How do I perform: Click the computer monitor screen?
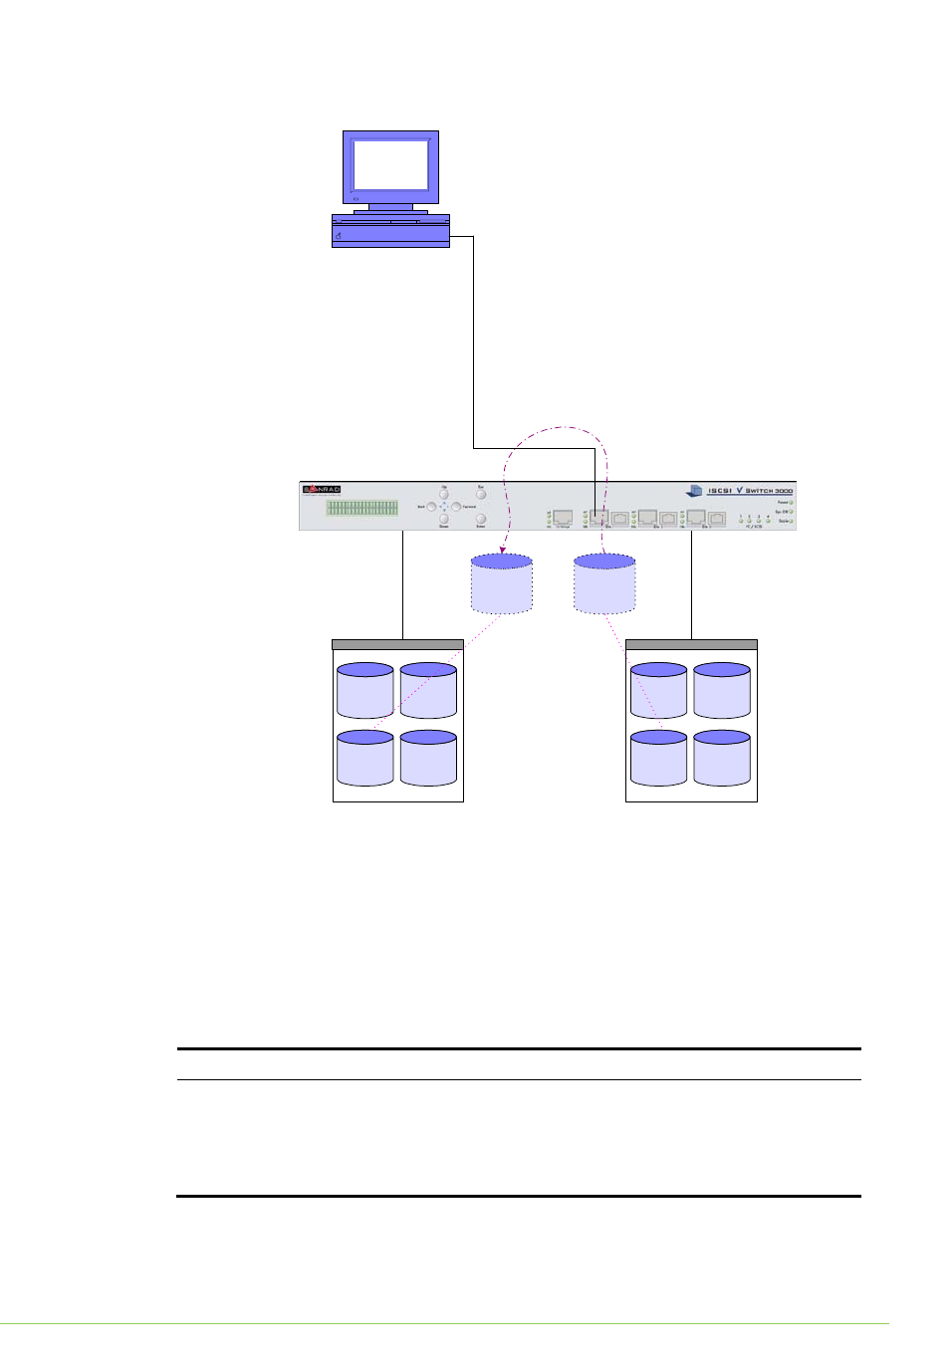[x=390, y=164]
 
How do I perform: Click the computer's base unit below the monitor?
[x=390, y=231]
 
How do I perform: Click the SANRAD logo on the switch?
[x=322, y=489]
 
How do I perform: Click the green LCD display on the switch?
[x=362, y=508]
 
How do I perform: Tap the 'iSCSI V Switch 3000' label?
[x=750, y=491]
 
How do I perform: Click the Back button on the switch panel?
[x=431, y=507]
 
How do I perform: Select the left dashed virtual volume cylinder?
[x=502, y=584]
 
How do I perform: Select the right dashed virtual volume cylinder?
[x=604, y=584]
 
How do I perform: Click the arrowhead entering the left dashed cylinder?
[x=503, y=550]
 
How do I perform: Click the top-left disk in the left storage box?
[x=364, y=691]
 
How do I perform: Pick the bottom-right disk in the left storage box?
[x=428, y=759]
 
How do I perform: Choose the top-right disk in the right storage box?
[x=722, y=691]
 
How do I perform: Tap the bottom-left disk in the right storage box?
[x=658, y=759]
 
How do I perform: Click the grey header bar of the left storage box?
[x=397, y=644]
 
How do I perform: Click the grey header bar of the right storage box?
[x=691, y=644]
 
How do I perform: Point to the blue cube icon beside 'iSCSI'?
[x=694, y=491]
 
